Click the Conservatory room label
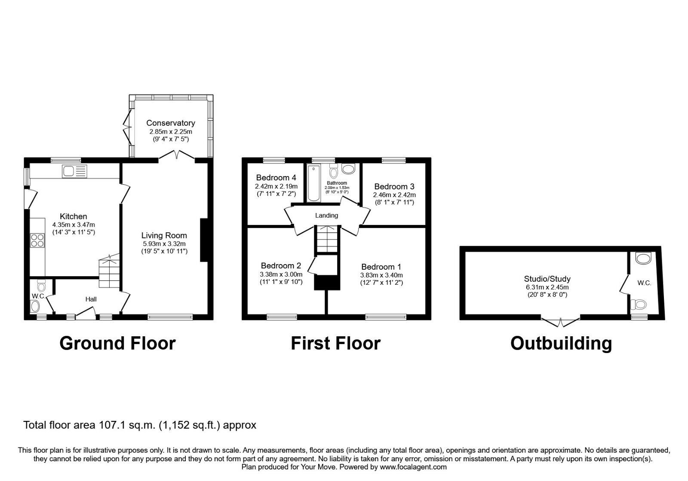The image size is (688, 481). tap(170, 123)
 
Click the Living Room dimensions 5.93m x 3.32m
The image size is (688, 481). tap(164, 243)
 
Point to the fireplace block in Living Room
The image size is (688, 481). tap(204, 240)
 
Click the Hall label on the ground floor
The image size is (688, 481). tap(91, 299)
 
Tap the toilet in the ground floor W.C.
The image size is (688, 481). tap(41, 285)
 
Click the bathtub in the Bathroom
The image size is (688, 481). tap(313, 183)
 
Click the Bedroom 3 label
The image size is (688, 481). tap(394, 186)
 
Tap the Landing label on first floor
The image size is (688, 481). tap(327, 216)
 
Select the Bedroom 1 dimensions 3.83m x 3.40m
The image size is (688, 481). tap(381, 275)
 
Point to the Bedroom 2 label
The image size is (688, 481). tap(281, 266)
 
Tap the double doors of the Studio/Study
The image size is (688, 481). tap(560, 321)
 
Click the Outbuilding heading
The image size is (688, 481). tap(561, 344)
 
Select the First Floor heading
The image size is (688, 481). tap(335, 344)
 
